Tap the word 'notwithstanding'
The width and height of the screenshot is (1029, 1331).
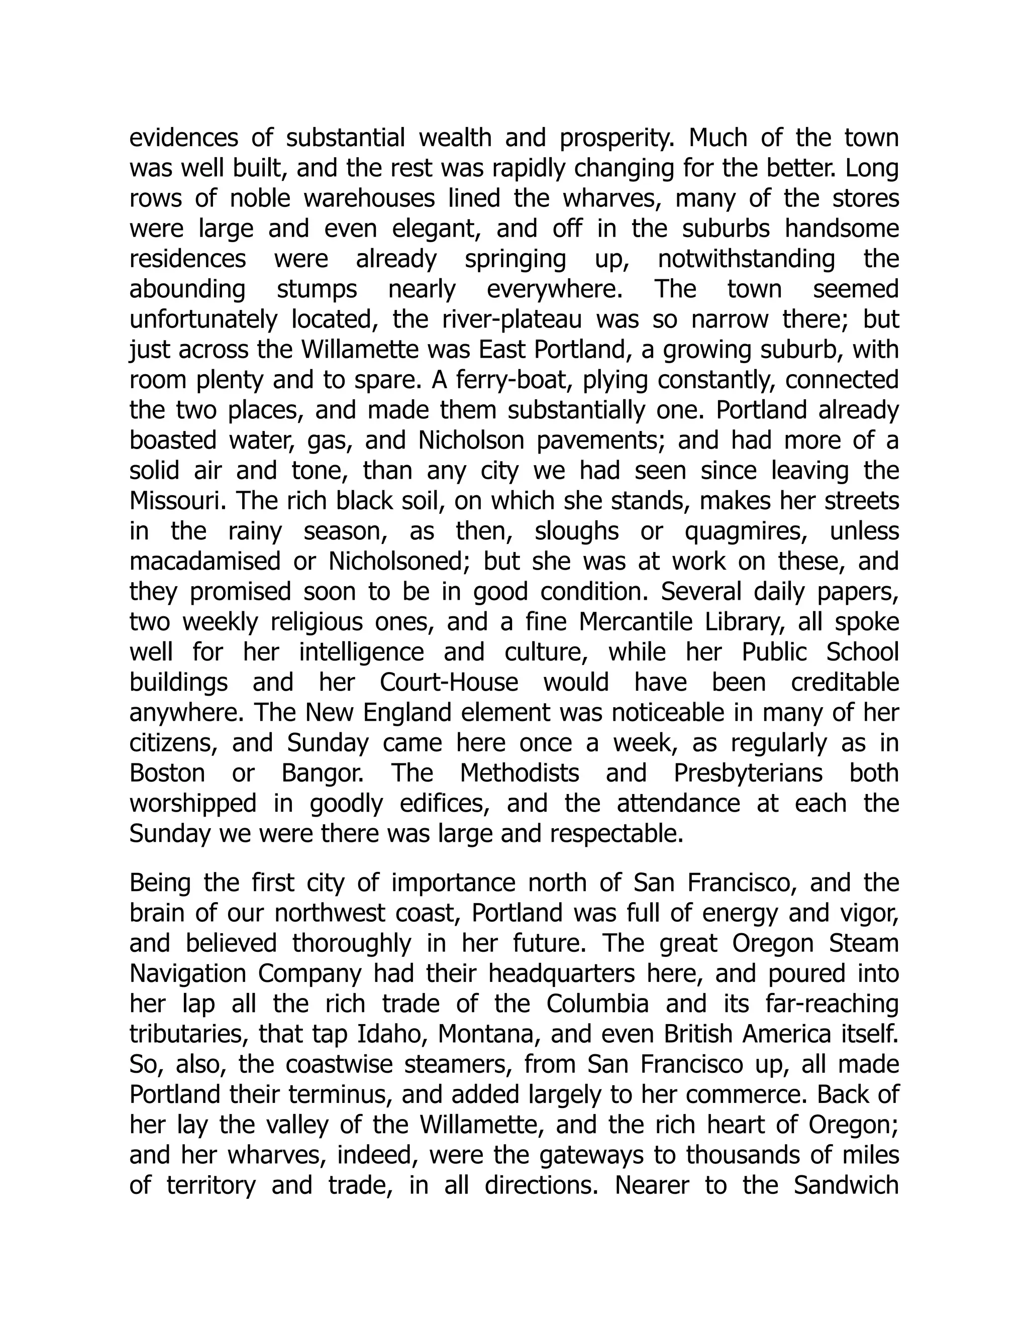(746, 259)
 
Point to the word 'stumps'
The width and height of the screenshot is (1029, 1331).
(317, 289)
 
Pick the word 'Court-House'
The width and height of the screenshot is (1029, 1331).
(449, 683)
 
